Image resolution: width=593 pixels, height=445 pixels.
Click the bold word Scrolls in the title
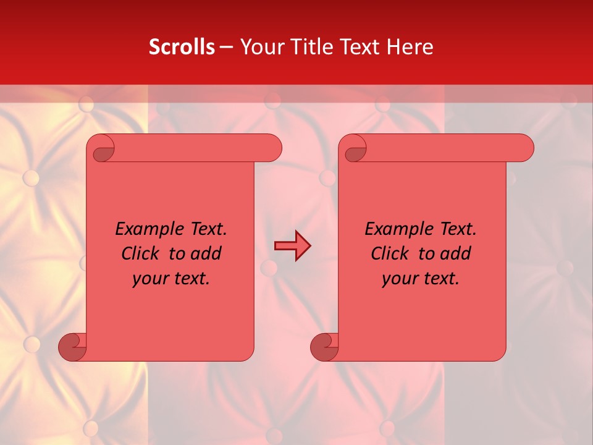(x=182, y=47)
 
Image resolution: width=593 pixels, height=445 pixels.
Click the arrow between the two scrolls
(x=292, y=246)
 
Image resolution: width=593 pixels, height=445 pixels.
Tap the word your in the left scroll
(x=150, y=278)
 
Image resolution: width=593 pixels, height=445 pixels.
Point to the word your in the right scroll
(x=400, y=278)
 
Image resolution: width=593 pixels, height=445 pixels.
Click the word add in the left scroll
(x=206, y=253)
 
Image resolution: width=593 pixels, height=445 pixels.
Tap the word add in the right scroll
(x=455, y=253)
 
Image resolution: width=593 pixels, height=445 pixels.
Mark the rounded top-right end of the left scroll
(x=272, y=148)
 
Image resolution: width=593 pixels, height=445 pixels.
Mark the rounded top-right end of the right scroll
(x=524, y=148)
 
